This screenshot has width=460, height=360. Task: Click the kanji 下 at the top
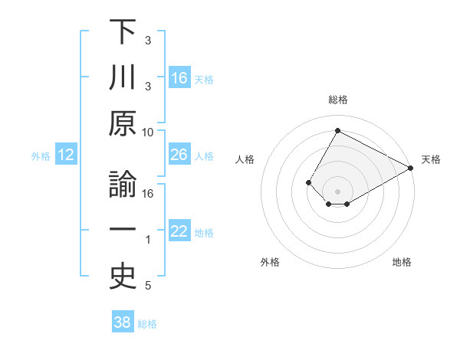coord(123,33)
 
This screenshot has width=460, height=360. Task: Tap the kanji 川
coord(123,78)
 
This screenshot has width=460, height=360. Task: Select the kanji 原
coord(123,124)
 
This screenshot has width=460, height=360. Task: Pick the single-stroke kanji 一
coord(123,232)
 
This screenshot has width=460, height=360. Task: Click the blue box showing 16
coord(179,77)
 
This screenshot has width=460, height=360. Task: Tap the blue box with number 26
coord(179,155)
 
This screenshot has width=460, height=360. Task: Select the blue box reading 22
coord(179,232)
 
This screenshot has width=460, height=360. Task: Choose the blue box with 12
coord(66,155)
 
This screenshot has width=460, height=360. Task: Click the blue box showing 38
coord(123,322)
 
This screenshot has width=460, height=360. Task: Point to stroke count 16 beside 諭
coord(148,193)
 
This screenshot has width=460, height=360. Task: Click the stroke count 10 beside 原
coord(148,132)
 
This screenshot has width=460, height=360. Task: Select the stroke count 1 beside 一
coord(148,240)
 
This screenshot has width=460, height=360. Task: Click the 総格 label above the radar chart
coord(337,100)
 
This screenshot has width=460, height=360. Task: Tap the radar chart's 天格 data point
coord(410,168)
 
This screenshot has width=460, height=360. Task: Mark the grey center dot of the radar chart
coord(337,191)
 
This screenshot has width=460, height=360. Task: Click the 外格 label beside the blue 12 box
coord(41,156)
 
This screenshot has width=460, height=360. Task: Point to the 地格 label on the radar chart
coord(402,263)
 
